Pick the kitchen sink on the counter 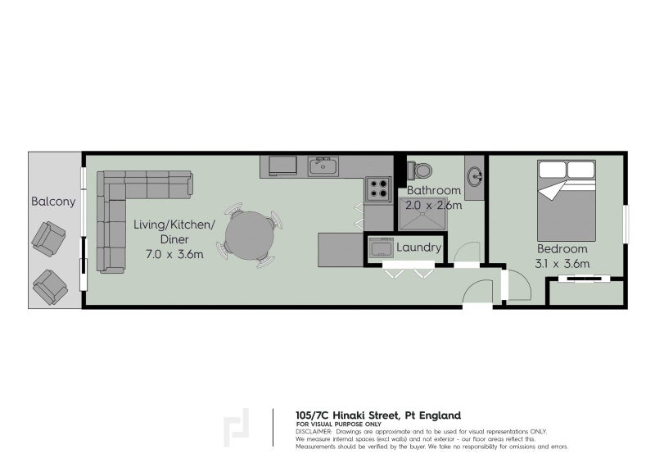coord(323,167)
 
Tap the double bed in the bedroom coord(566,201)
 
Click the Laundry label coord(418,247)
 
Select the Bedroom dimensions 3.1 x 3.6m coord(563,263)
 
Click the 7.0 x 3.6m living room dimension coord(175,255)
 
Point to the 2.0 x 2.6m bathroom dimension coord(434,205)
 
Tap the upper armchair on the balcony coord(48,238)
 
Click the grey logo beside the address coord(237,428)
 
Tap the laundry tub coord(382,247)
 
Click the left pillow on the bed coord(552,170)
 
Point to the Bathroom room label coord(434,191)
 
